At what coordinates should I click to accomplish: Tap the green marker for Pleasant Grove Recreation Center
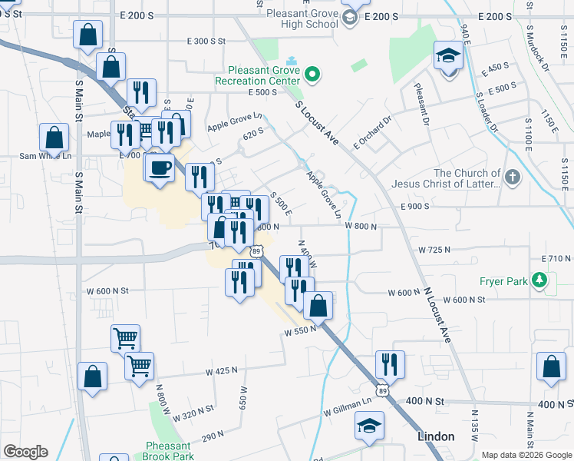(x=312, y=75)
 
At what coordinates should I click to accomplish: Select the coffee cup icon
(x=160, y=167)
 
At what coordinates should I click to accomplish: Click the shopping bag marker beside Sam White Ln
(x=54, y=138)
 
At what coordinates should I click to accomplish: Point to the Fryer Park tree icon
(x=541, y=281)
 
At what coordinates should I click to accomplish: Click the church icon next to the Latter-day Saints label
(x=513, y=178)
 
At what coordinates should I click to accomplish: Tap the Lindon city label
(x=436, y=436)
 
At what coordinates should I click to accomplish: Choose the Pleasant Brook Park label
(x=167, y=450)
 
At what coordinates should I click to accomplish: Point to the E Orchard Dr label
(x=372, y=132)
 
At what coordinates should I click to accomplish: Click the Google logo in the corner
(x=25, y=452)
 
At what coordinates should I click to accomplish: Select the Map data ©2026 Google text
(x=526, y=455)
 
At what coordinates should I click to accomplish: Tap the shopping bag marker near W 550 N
(x=318, y=305)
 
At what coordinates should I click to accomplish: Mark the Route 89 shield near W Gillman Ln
(x=381, y=391)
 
